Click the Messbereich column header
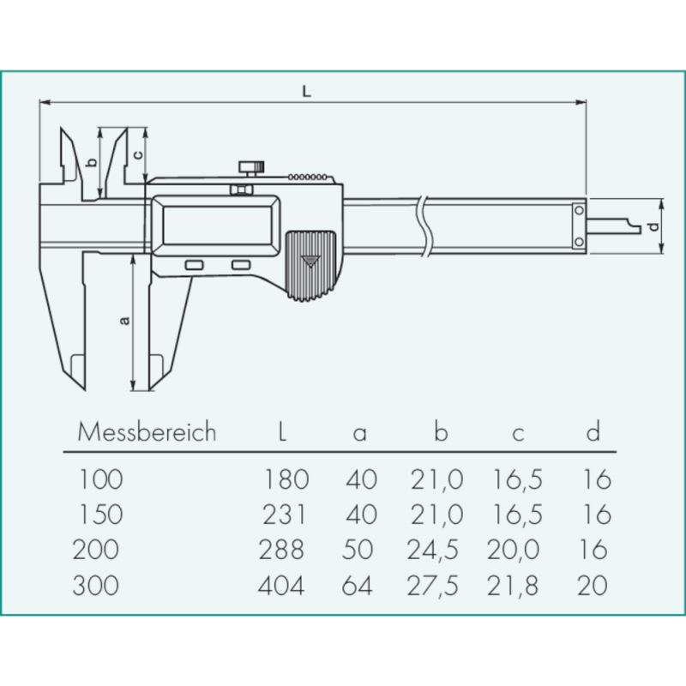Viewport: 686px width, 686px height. pyautogui.click(x=147, y=432)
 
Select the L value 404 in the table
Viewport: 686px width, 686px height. pyautogui.click(x=281, y=586)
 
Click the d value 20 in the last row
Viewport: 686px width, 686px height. pyautogui.click(x=593, y=586)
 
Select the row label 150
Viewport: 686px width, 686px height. pyautogui.click(x=101, y=514)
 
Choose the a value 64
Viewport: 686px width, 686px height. pyautogui.click(x=361, y=586)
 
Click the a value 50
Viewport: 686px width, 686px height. pyautogui.click(x=361, y=550)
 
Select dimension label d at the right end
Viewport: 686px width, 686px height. pyautogui.click(x=653, y=226)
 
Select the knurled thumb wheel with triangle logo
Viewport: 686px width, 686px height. pyautogui.click(x=310, y=265)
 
